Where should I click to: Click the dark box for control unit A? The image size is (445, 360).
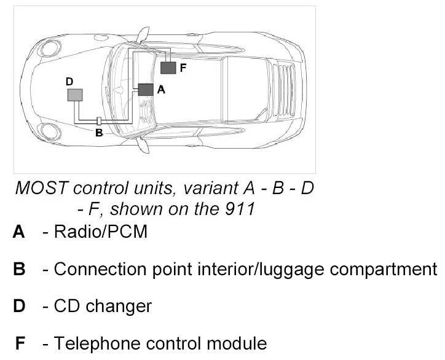tap(146, 89)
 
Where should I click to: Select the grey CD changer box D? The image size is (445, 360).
tap(75, 95)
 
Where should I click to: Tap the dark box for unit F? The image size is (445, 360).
tap(168, 68)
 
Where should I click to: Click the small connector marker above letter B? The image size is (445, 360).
tap(99, 120)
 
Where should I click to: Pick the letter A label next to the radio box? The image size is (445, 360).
tap(161, 90)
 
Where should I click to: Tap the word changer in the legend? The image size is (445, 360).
tap(120, 305)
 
